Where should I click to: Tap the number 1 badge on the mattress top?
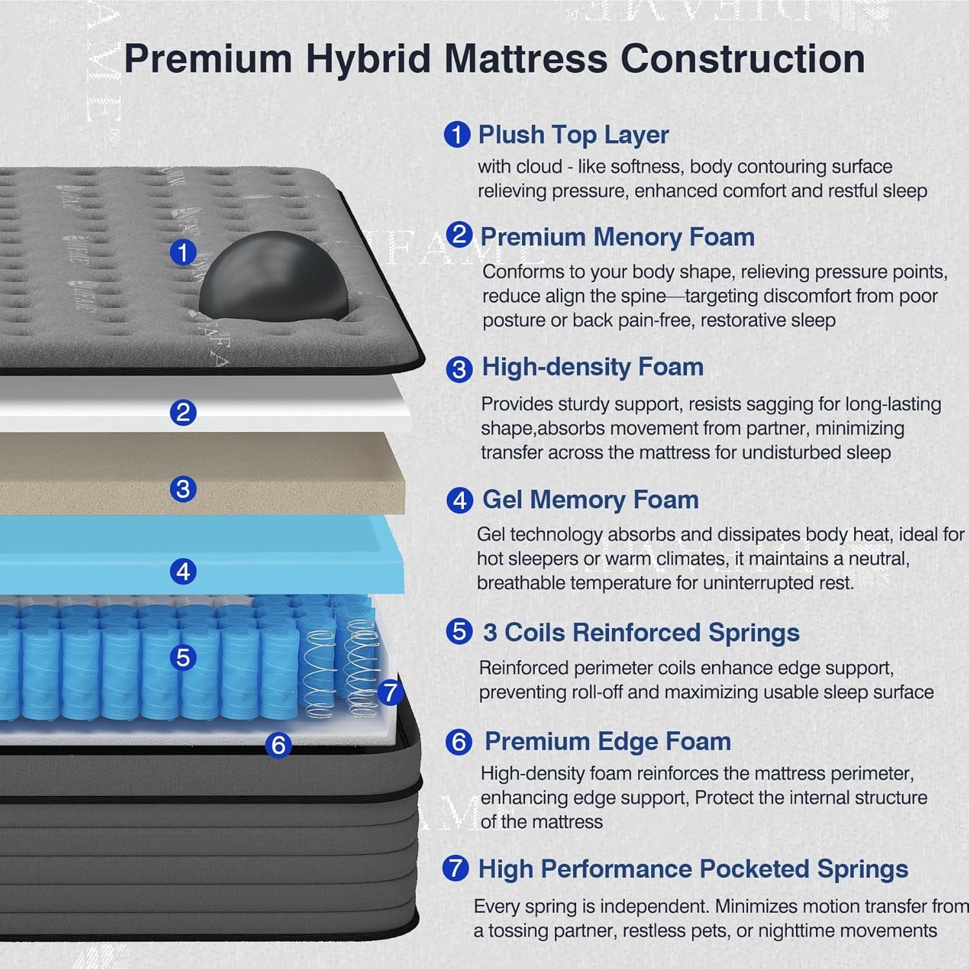(183, 252)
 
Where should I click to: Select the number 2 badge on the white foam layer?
(183, 412)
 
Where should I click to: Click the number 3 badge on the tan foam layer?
(183, 488)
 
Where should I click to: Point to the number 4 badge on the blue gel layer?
(183, 571)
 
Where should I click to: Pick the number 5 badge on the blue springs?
(183, 657)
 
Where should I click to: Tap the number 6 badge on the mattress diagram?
(278, 745)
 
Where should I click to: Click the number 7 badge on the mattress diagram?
(390, 693)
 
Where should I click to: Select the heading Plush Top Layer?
(573, 134)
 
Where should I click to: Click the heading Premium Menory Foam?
(617, 236)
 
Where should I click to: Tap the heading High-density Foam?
(592, 367)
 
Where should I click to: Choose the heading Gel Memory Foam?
(590, 499)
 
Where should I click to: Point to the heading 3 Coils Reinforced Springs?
(641, 632)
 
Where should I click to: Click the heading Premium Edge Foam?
(607, 741)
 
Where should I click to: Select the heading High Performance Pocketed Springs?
(693, 869)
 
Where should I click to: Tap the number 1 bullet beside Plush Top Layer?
(457, 135)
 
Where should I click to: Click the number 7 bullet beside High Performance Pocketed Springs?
(455, 868)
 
